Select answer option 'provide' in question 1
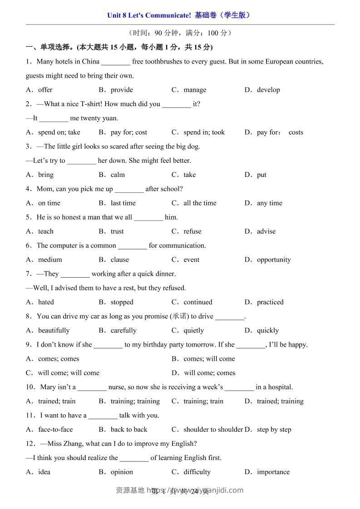(x=122, y=90)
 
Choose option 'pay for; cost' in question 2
(x=129, y=132)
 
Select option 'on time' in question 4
(x=49, y=203)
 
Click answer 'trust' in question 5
(x=117, y=231)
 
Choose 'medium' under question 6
(x=50, y=260)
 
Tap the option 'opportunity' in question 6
(x=274, y=260)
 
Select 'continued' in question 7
(x=198, y=302)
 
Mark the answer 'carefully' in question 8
(x=123, y=331)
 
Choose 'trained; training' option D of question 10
(x=280, y=401)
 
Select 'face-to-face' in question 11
(x=55, y=430)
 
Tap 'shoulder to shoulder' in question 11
(x=213, y=430)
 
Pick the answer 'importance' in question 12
(x=273, y=472)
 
